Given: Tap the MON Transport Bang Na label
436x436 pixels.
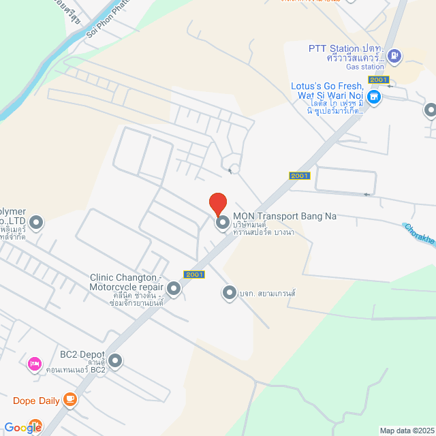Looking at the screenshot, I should [285, 216].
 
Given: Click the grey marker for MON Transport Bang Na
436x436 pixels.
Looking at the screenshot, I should [222, 223].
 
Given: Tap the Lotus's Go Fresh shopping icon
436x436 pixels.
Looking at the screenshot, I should [373, 97].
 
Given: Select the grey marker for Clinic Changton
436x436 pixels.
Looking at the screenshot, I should [174, 290].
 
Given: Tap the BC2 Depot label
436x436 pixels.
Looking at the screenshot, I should [82, 355].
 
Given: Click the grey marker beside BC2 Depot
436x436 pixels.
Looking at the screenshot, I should [115, 361].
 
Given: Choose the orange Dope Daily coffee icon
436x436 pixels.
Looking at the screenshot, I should [69, 400].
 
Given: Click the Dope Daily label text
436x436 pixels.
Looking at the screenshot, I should [35, 401].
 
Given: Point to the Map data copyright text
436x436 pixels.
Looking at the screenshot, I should [407, 431].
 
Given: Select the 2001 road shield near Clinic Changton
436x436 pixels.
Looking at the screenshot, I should [194, 275].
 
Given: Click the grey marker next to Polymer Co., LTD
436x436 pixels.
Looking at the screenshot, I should [36, 221].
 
